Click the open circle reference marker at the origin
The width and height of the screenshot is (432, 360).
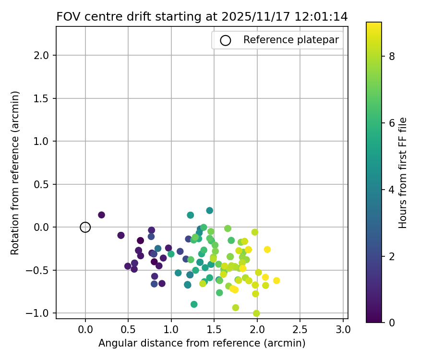pyautogui.click(x=85, y=227)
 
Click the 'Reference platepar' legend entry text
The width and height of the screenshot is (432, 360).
pyautogui.click(x=291, y=40)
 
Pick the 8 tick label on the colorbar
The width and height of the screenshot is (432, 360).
pyautogui.click(x=392, y=56)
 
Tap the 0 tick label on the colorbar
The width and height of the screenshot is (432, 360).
pyautogui.click(x=392, y=322)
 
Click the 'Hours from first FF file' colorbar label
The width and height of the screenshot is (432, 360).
pyautogui.click(x=403, y=173)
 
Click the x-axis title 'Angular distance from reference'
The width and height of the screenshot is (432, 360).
pyautogui.click(x=202, y=343)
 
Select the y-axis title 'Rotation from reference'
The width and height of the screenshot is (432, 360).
pyautogui.click(x=15, y=173)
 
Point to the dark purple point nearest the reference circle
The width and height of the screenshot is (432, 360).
pyautogui.click(x=101, y=215)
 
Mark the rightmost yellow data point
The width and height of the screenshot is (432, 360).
pyautogui.click(x=276, y=280)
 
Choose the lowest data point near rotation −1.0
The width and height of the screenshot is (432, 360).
pyautogui.click(x=256, y=313)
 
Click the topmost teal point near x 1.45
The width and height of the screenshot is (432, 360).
pyautogui.click(x=210, y=211)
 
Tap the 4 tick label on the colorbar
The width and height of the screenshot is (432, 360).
pyautogui.click(x=392, y=189)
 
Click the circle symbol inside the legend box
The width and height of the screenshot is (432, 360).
pyautogui.click(x=226, y=40)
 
